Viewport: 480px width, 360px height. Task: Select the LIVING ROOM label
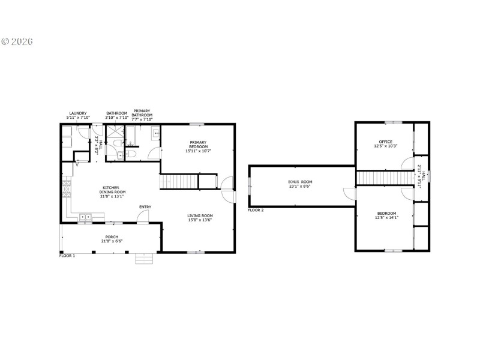coord(200,218)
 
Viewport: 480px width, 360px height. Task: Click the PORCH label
coord(112,239)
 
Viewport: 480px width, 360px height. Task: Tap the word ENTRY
coord(145,207)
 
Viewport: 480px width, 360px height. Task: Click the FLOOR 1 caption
coord(67,256)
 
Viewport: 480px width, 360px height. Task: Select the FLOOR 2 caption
coord(256,210)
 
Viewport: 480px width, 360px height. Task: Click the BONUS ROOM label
coord(300,184)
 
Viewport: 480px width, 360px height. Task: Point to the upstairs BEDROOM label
coord(386,215)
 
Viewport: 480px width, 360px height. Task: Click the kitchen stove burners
coord(66,191)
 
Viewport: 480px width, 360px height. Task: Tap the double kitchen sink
coord(85,216)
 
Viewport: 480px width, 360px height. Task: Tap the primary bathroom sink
coord(155,134)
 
